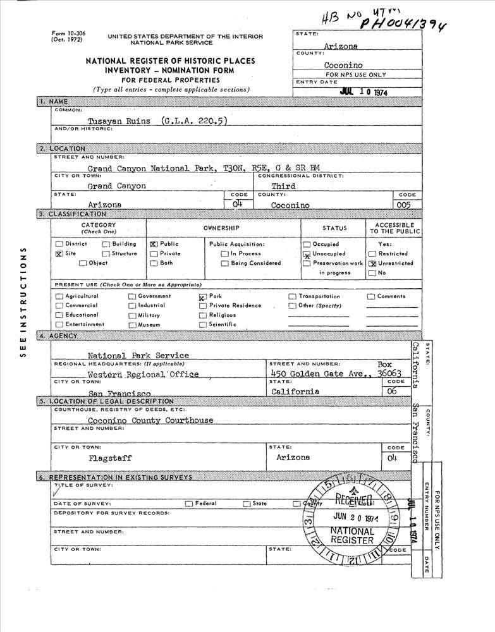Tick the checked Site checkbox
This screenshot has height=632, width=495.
(x=59, y=254)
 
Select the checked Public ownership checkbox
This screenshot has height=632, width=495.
(x=154, y=244)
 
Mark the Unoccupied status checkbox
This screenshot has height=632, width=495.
(x=307, y=254)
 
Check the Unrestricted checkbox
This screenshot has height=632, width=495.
(x=372, y=264)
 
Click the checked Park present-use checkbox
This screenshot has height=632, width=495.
(x=202, y=296)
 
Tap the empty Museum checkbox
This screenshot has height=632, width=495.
(x=132, y=325)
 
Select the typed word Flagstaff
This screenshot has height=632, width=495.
(x=110, y=458)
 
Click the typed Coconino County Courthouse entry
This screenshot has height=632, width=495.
(x=150, y=420)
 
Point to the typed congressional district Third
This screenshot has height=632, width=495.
(x=283, y=186)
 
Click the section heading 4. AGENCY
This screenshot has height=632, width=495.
(x=63, y=336)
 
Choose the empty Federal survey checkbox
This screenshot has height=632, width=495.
(x=188, y=504)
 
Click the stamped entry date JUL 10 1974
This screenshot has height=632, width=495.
(x=364, y=92)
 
